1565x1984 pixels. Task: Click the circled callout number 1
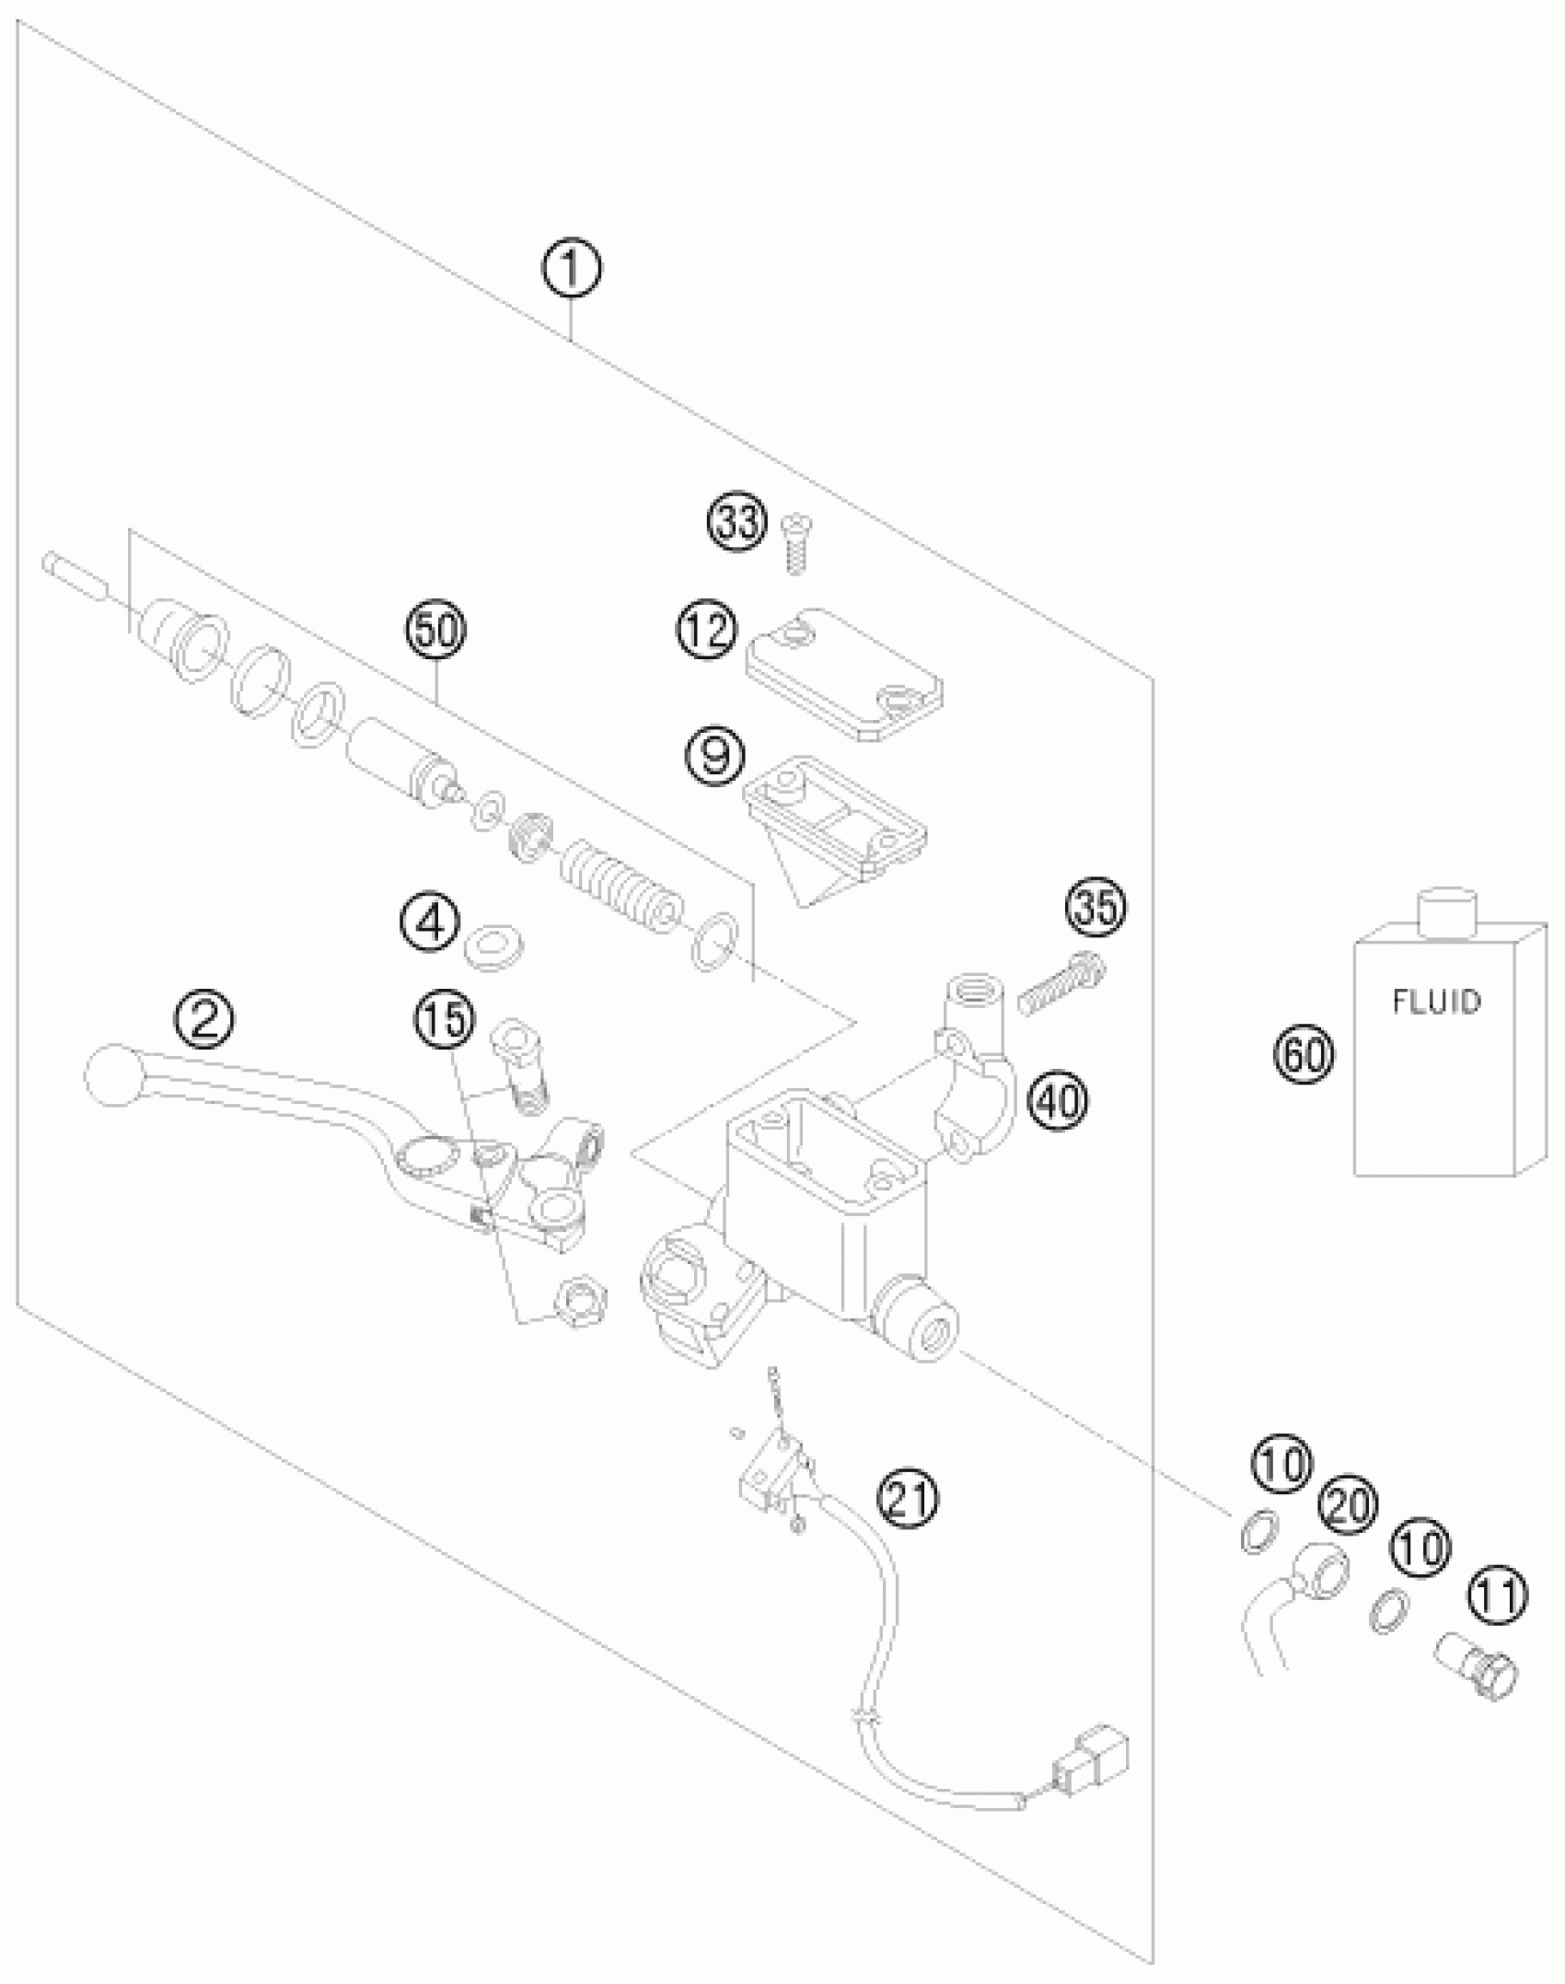click(571, 269)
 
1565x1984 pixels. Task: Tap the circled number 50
click(435, 632)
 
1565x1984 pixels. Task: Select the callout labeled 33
click(736, 523)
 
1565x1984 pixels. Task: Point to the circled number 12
click(708, 631)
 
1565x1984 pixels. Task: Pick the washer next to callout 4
click(494, 948)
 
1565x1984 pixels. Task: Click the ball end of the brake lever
click(113, 1074)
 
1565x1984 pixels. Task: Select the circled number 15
click(445, 1018)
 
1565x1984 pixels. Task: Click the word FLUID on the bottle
click(1436, 1001)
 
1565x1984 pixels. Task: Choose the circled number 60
click(1304, 1053)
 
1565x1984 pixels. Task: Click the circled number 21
click(908, 1498)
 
